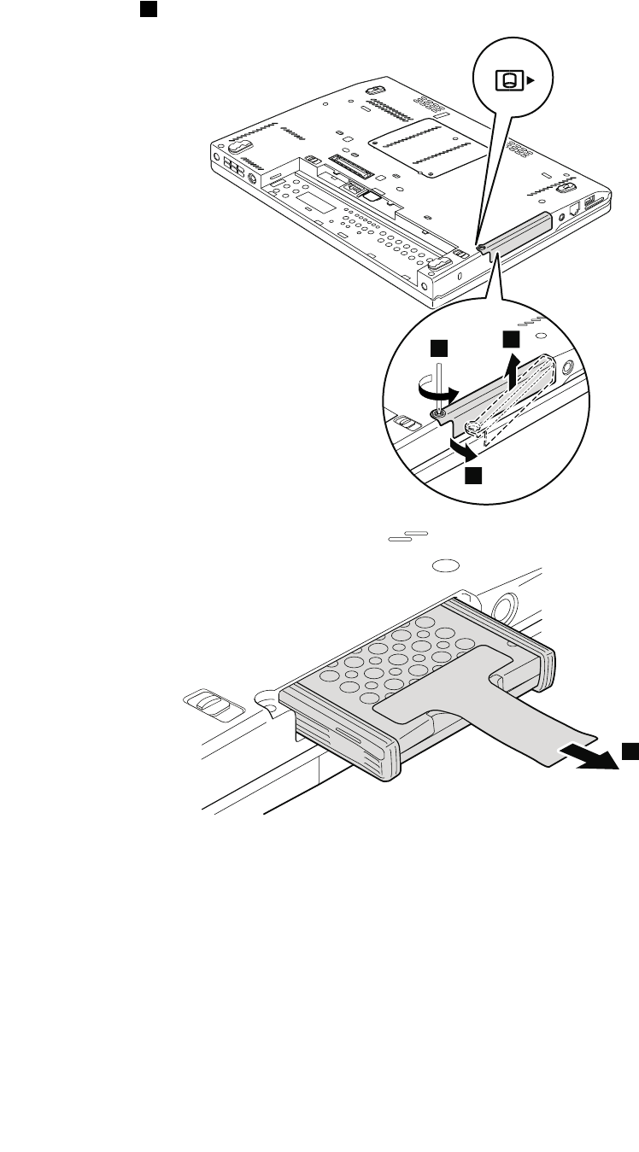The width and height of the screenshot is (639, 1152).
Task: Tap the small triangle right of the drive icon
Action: (x=531, y=80)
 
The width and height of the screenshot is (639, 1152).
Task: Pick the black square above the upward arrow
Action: (x=511, y=339)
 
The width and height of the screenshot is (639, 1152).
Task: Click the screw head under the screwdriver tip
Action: (x=437, y=416)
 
